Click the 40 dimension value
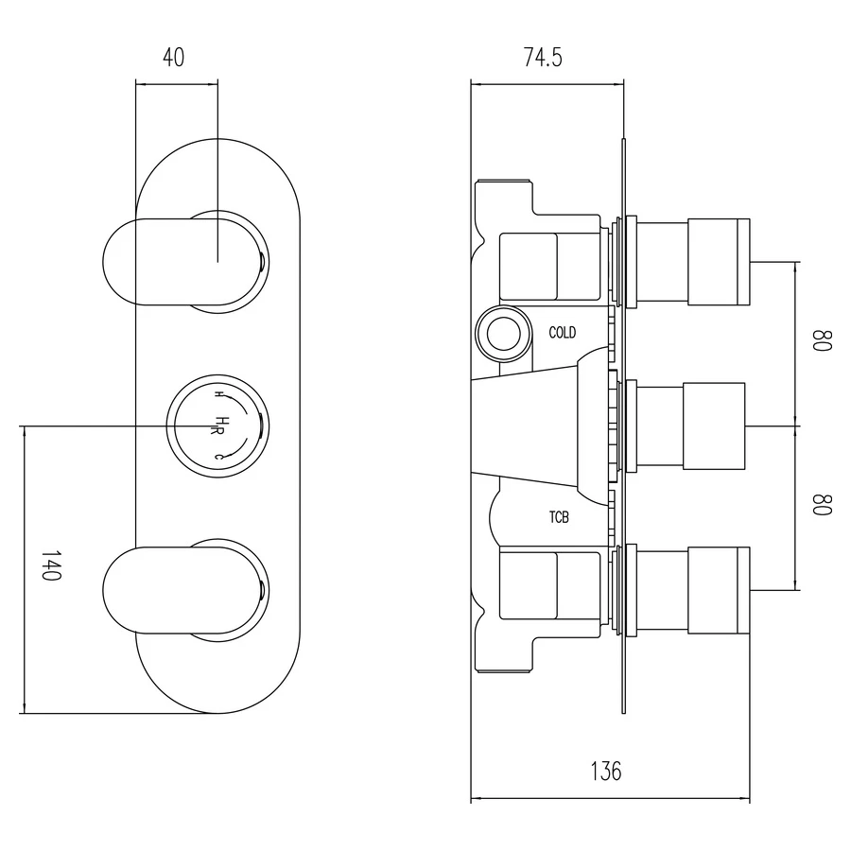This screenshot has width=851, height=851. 173,58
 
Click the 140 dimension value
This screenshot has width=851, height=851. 51,565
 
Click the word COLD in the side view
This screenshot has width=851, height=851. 563,333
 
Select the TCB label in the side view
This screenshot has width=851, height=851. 559,517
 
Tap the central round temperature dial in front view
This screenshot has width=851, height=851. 216,425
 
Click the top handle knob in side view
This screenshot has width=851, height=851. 718,262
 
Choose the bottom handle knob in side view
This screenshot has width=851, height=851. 718,590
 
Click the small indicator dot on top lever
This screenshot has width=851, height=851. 260,261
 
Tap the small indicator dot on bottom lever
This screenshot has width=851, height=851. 260,592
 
